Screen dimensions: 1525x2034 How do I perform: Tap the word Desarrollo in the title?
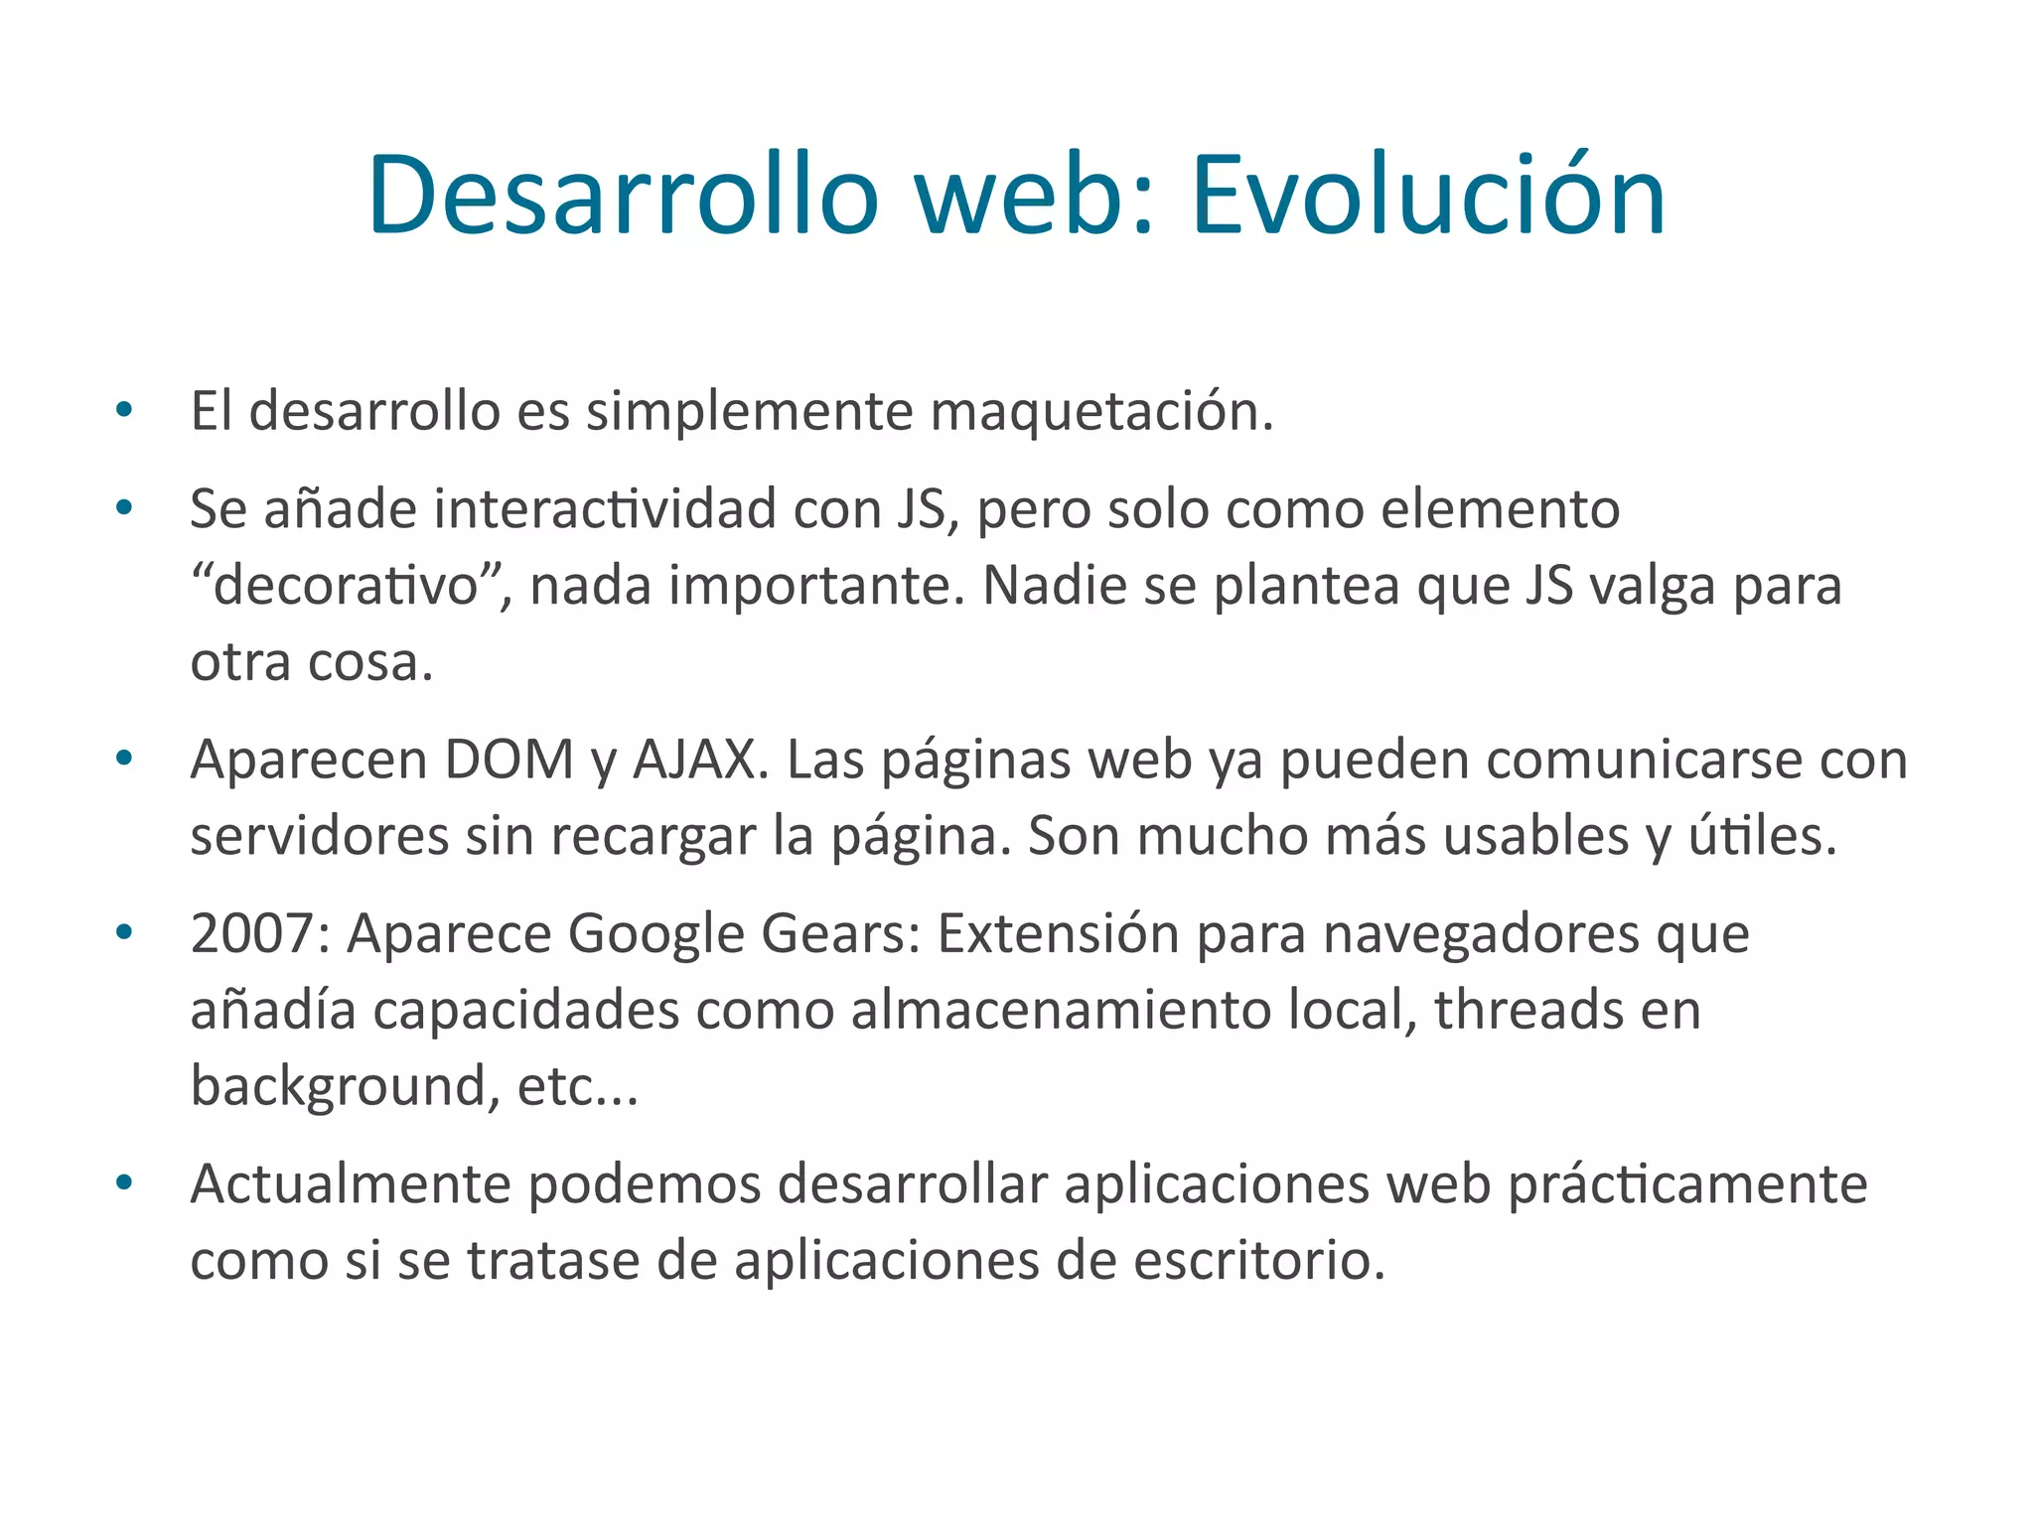coord(623,196)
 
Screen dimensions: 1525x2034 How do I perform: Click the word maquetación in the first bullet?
coord(1101,412)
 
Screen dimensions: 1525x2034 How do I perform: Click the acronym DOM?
coord(508,761)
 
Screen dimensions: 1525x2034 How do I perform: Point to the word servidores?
coord(320,836)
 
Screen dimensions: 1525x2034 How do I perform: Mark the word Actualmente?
coord(350,1184)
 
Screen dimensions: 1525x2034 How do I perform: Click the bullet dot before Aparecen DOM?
coord(124,759)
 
